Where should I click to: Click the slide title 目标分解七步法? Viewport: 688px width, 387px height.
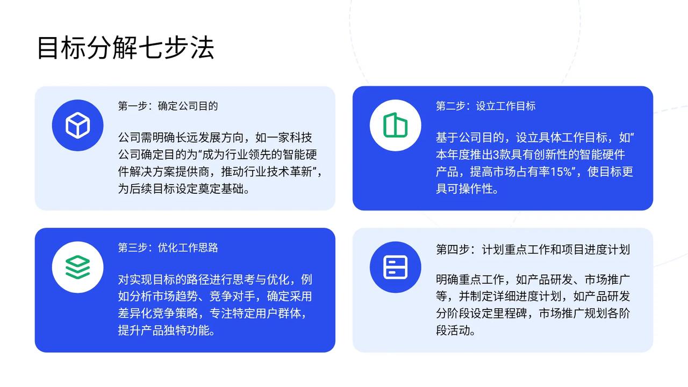tap(126, 48)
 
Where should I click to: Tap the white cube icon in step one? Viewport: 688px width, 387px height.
tap(78, 125)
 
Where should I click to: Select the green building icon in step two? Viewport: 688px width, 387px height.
tap(395, 125)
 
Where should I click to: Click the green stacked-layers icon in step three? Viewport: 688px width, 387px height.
tap(78, 267)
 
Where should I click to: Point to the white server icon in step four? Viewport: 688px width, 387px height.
tap(395, 267)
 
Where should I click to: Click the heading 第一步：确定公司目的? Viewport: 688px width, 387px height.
tap(168, 106)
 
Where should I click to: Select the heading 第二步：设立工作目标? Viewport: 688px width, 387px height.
tap(486, 106)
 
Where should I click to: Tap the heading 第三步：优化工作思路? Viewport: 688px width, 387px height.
tap(168, 248)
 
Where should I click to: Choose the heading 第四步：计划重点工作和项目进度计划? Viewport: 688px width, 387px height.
tap(533, 250)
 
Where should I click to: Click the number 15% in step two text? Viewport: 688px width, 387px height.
tap(561, 172)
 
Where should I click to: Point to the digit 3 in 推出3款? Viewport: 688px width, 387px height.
tap(496, 154)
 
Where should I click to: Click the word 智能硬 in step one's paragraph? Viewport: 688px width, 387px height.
tap(300, 154)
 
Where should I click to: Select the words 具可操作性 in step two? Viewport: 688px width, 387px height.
tap(464, 188)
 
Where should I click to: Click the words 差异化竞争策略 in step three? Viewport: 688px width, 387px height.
tap(158, 313)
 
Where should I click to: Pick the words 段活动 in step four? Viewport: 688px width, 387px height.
tap(453, 330)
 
